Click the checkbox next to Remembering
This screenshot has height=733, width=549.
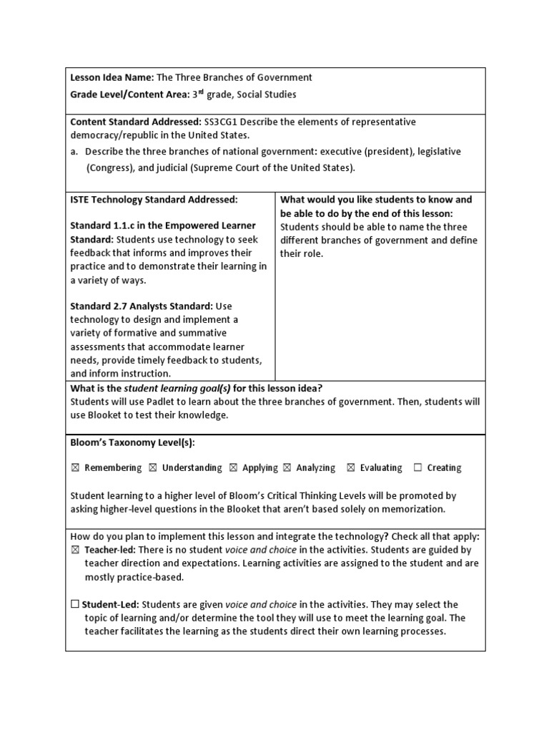[x=75, y=468]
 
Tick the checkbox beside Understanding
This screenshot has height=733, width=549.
[x=153, y=468]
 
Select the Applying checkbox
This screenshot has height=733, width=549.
[x=233, y=468]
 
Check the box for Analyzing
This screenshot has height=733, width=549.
[x=287, y=468]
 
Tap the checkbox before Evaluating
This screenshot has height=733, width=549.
[x=351, y=468]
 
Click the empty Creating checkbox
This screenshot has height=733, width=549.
[x=417, y=468]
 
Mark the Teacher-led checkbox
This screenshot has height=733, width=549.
[x=75, y=550]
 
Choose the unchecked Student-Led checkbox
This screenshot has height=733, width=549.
[x=75, y=605]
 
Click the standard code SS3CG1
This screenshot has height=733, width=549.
[x=224, y=122]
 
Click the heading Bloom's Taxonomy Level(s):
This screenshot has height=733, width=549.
[x=132, y=443]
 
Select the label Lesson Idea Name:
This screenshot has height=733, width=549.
[x=112, y=78]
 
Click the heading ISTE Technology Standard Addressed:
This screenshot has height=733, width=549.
[x=154, y=200]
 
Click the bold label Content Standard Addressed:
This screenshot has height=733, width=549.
[x=136, y=122]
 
